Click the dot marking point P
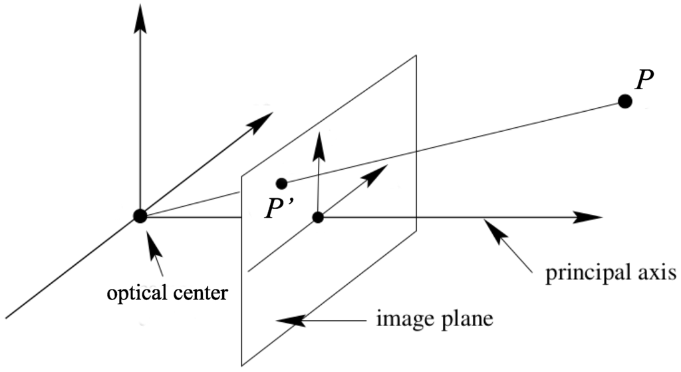[x=624, y=101]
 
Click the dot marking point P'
[x=281, y=183]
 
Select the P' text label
[x=277, y=209]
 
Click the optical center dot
[x=140, y=216]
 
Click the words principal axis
[x=611, y=274]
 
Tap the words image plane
[x=434, y=319]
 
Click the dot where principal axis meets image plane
[x=318, y=217]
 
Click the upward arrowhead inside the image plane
[x=320, y=144]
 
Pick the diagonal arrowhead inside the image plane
[x=377, y=172]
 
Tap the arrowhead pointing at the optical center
[x=152, y=244]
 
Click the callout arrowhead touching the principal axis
[x=492, y=228]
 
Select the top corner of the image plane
[x=416, y=55]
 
